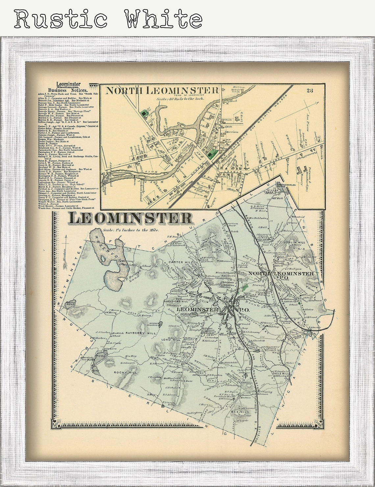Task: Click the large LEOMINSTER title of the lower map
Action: coord(131,218)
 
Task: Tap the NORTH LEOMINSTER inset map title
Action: coord(162,90)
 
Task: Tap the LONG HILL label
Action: coord(171,340)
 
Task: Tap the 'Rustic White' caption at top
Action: coord(108,19)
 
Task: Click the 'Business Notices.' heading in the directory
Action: coord(68,90)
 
